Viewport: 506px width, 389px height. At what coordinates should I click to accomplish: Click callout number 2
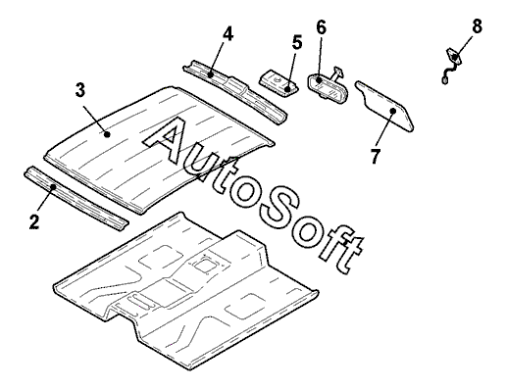click(34, 221)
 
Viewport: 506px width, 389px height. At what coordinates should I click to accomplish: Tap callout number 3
click(80, 90)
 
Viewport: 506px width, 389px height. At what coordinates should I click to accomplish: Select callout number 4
click(228, 33)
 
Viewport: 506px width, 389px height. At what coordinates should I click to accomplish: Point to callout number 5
click(297, 43)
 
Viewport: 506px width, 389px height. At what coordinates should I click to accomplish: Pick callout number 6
click(321, 27)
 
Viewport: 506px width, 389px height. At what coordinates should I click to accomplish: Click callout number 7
click(376, 156)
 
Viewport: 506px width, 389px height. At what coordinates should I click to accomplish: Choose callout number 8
click(477, 26)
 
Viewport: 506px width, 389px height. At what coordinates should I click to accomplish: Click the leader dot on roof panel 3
click(107, 133)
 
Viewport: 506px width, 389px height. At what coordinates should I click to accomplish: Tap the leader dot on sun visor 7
click(393, 111)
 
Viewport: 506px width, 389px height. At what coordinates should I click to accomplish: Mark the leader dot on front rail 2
click(53, 187)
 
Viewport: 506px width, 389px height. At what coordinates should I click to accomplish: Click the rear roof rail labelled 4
click(235, 91)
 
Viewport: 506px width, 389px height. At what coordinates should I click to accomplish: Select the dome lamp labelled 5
click(279, 82)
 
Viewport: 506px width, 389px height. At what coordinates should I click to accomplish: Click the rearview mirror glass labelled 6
click(328, 87)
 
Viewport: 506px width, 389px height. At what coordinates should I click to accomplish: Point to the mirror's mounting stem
click(336, 73)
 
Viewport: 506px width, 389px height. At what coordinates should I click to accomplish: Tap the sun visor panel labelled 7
click(384, 106)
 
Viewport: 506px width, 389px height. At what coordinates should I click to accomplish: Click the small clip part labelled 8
click(452, 66)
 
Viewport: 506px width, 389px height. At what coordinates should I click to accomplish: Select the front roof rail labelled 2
click(76, 199)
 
